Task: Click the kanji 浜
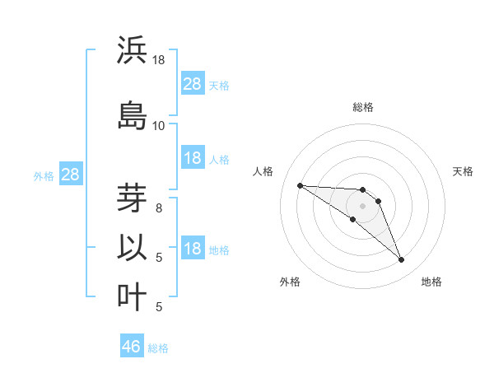coord(133,50)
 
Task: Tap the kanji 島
coord(133,114)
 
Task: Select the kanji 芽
coord(133,198)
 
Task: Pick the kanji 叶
coord(133,296)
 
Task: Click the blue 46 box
coord(132,347)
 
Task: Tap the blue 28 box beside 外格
coord(70,175)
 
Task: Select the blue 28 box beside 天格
coord(193,84)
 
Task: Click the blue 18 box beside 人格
coord(193,159)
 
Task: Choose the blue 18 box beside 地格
coord(193,249)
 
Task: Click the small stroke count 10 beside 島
coord(158,125)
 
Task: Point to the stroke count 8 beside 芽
coord(159,207)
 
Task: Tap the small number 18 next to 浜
coord(158,60)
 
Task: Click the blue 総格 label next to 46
coord(158,348)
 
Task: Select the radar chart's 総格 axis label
coord(363,107)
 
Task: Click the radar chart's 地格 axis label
coord(431,282)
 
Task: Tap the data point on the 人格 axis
coord(300,185)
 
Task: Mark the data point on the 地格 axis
coord(402,260)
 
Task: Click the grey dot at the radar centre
coord(363,206)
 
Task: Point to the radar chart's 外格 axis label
coord(290,282)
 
